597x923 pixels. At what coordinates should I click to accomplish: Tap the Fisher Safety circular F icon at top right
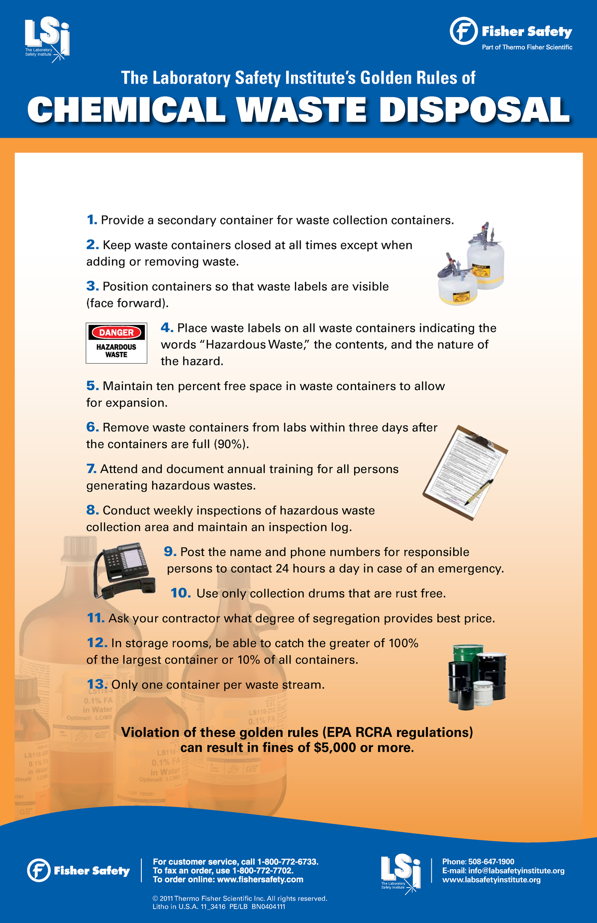point(463,31)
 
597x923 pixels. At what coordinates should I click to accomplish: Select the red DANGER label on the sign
point(116,332)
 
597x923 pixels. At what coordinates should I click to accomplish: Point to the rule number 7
point(91,469)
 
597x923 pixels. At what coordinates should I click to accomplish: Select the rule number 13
point(97,685)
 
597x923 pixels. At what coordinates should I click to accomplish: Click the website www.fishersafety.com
point(259,879)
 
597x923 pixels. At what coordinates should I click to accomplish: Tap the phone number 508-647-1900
point(491,861)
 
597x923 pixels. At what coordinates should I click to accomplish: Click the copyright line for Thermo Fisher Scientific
point(240,898)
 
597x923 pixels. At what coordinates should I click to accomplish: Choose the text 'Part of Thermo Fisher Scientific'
point(527,47)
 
